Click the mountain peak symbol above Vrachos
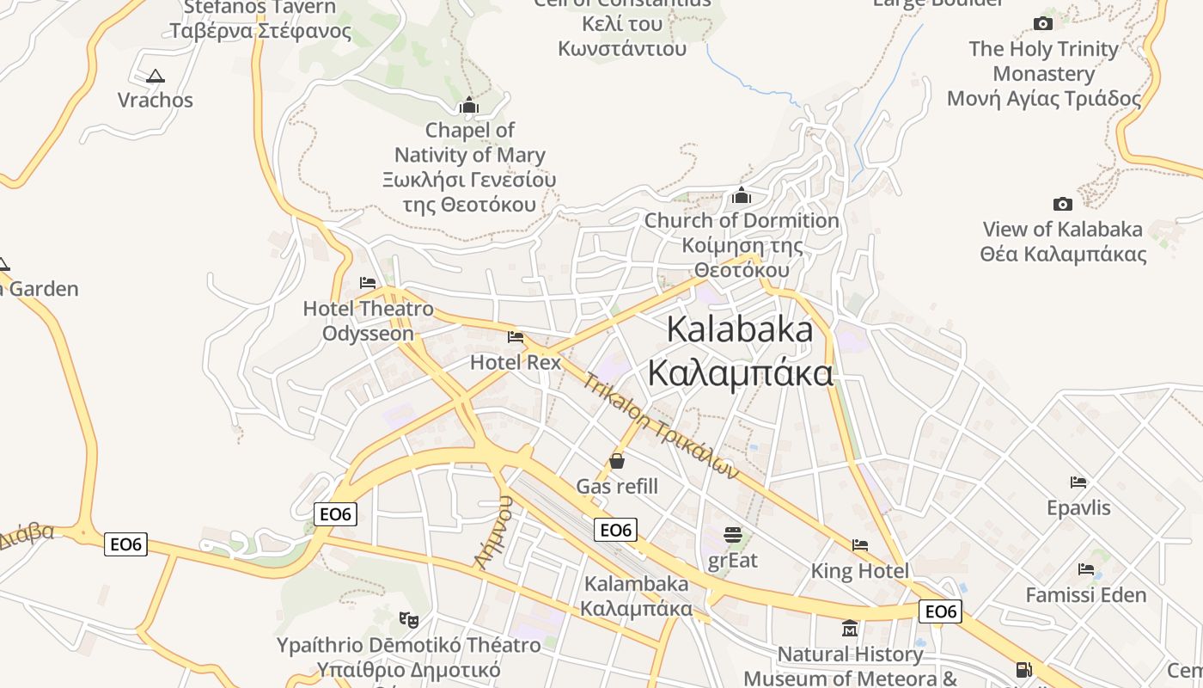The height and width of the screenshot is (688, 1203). [x=155, y=76]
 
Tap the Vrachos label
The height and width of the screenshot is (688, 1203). [x=156, y=100]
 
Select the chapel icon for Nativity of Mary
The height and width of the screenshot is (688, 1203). [x=469, y=106]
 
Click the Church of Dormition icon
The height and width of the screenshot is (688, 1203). [x=742, y=196]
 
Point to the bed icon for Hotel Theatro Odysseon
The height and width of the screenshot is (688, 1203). [x=368, y=283]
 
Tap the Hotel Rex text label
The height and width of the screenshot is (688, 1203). [x=516, y=362]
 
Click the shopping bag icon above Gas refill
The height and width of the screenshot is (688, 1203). [x=616, y=461]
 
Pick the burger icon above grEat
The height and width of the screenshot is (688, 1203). [x=732, y=535]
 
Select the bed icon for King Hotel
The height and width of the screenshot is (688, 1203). [x=859, y=545]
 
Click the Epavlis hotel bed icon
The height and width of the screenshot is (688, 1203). [x=1078, y=482]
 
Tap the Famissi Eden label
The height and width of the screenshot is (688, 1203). [x=1086, y=594]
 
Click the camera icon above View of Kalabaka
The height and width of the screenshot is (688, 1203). [x=1063, y=204]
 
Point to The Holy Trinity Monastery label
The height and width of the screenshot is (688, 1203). [x=1044, y=73]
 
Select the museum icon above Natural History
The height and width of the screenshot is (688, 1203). [x=850, y=628]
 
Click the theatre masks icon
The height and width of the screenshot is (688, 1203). [x=409, y=618]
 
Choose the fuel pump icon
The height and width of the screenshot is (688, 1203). [x=1023, y=669]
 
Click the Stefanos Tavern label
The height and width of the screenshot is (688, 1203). [x=260, y=19]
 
